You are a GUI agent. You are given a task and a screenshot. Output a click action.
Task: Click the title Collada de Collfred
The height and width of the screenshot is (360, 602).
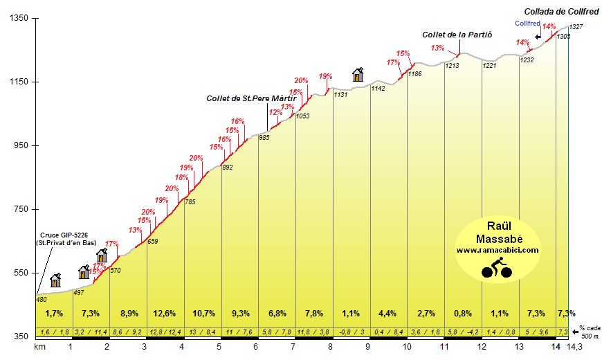562,11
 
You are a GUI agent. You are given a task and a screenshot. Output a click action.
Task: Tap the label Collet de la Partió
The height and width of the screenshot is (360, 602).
457,35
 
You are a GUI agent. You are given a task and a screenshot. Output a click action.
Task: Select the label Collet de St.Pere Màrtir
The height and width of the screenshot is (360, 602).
251,98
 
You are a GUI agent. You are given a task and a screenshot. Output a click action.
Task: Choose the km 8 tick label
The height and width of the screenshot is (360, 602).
330,347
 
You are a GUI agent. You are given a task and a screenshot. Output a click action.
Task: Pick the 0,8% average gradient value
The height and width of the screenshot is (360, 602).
462,314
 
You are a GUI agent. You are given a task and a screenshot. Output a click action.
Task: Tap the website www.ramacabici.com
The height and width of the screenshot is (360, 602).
497,250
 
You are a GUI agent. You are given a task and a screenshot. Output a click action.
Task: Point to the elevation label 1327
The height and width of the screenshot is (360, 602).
576,26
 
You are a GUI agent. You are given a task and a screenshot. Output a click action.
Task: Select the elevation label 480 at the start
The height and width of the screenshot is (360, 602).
41,298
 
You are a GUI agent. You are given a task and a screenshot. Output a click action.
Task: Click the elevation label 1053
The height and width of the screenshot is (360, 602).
302,116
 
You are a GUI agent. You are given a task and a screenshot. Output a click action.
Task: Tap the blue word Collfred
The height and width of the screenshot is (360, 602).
527,23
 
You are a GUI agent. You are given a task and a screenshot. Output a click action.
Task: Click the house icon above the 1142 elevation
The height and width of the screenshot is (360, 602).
358,73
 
